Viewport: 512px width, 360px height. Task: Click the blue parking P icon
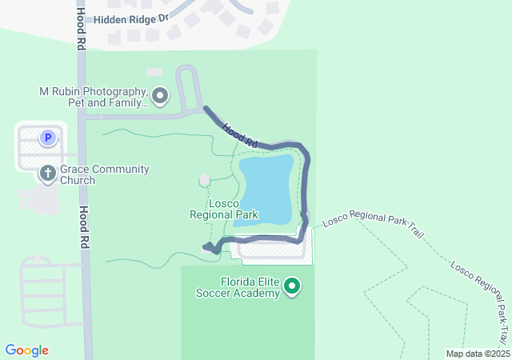click(48, 138)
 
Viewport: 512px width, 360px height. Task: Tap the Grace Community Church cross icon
click(48, 172)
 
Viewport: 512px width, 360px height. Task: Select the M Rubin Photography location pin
click(160, 97)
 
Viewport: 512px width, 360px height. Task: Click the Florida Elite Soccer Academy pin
click(293, 286)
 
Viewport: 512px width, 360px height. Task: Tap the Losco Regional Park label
click(224, 209)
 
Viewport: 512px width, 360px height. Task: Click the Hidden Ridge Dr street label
click(131, 18)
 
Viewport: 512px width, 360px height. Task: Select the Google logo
click(26, 350)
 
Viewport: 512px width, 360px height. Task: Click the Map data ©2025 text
click(477, 354)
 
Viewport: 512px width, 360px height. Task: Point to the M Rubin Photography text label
click(94, 97)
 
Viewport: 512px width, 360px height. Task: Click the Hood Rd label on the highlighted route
click(240, 134)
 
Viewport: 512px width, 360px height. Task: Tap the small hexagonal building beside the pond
click(204, 180)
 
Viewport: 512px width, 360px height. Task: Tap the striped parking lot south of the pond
click(272, 250)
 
